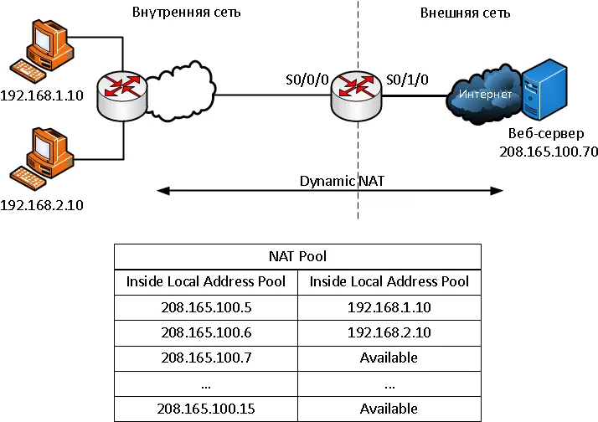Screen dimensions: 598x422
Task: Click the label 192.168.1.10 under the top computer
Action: [42, 95]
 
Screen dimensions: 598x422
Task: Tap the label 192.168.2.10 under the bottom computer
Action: [42, 205]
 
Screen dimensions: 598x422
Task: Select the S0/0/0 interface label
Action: [307, 80]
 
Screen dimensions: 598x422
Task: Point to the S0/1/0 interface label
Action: [407, 80]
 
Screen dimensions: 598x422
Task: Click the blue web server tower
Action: [544, 90]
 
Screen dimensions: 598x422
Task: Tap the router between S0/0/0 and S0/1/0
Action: [356, 95]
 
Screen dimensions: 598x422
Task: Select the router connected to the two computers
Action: [122, 95]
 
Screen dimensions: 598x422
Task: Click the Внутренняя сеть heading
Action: [187, 13]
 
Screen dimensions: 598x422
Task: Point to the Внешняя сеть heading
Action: [466, 13]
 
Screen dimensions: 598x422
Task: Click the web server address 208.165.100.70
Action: [549, 152]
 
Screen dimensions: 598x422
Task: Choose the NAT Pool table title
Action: [297, 256]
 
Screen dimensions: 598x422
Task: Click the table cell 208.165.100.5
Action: [206, 307]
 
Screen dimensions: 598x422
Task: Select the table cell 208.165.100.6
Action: [206, 332]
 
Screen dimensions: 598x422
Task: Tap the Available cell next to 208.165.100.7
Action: [389, 358]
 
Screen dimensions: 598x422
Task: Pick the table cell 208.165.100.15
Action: [206, 409]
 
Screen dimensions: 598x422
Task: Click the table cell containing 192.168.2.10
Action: [389, 332]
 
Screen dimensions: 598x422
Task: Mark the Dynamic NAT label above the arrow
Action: [342, 181]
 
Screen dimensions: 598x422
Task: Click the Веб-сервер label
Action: [546, 133]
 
